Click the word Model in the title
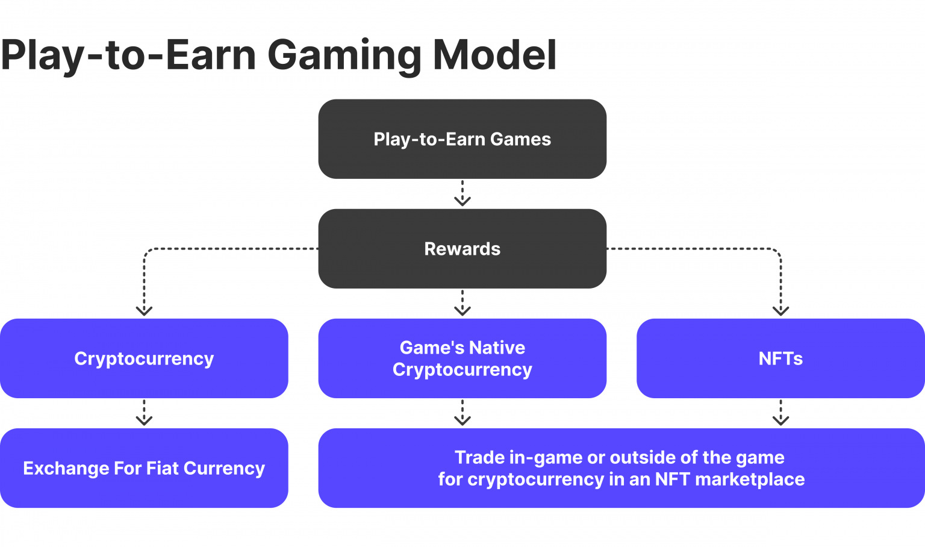click(x=494, y=55)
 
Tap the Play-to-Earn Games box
click(x=462, y=139)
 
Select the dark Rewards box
click(x=462, y=249)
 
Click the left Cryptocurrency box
click(x=144, y=358)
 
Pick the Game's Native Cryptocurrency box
click(x=462, y=358)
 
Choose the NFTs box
click(x=780, y=358)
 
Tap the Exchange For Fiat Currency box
click(x=144, y=468)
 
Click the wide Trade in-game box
click(x=621, y=468)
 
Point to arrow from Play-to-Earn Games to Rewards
click(x=462, y=193)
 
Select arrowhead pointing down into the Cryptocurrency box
click(x=144, y=310)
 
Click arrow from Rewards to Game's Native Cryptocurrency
click(x=462, y=303)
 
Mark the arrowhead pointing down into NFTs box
click(x=780, y=310)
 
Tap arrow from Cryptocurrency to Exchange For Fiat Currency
click(x=144, y=413)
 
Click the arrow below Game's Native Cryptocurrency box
click(x=462, y=413)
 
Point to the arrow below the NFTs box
click(x=780, y=413)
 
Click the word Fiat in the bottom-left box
click(x=162, y=469)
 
